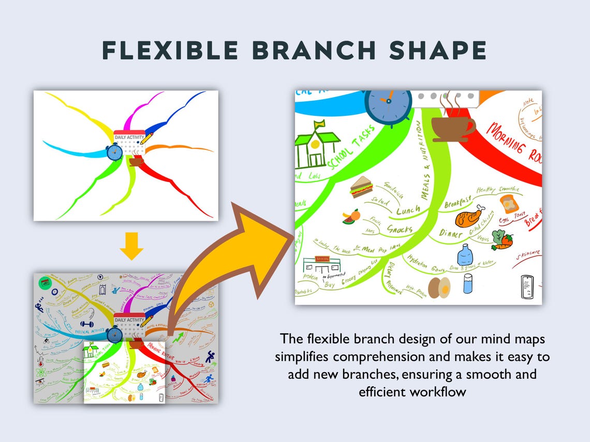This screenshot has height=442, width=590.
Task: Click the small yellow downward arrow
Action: tap(131, 248)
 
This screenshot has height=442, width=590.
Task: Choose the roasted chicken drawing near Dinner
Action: tap(470, 216)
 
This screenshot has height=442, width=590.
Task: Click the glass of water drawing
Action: tap(468, 283)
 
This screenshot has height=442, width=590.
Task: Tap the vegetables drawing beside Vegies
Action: tap(502, 240)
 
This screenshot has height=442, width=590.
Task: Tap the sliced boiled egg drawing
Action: tap(440, 286)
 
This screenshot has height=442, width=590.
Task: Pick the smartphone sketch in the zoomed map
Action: tap(527, 286)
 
